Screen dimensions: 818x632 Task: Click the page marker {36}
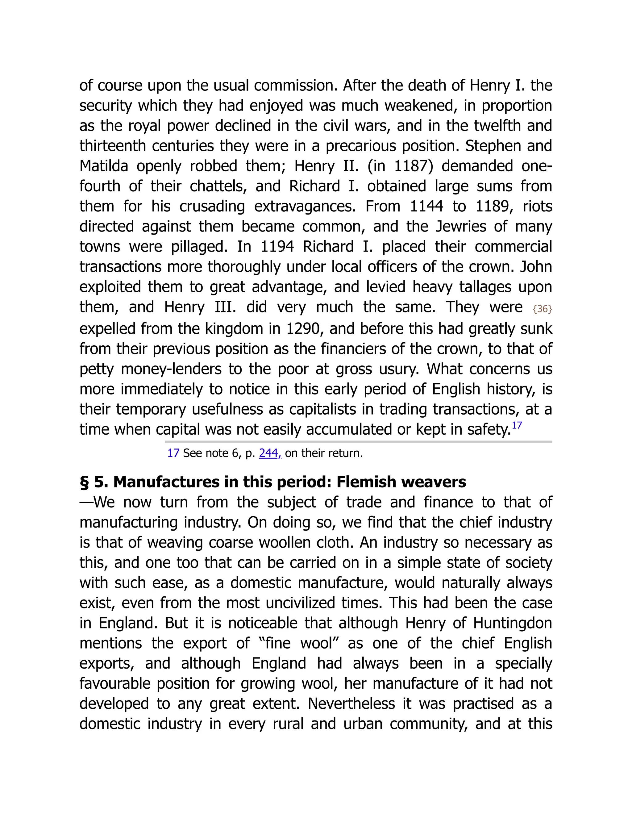(542, 309)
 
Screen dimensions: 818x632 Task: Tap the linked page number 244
(268, 453)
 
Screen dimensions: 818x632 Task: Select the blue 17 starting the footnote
(173, 453)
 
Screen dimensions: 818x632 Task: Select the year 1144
(426, 207)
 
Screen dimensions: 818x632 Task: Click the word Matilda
(104, 166)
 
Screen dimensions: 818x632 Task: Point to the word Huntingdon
(512, 623)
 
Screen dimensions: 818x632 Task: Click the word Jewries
(462, 227)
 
